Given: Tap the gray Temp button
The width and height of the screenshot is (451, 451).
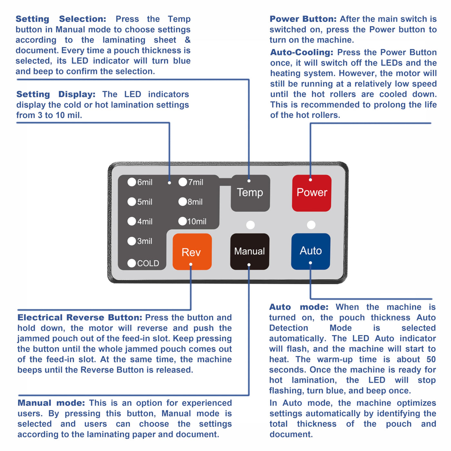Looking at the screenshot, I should [x=250, y=193].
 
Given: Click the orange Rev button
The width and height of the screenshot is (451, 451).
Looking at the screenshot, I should [x=192, y=252].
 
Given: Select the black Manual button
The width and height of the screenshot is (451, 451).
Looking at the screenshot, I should [x=250, y=251].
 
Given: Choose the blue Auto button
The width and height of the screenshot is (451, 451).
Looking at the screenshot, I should [x=311, y=251].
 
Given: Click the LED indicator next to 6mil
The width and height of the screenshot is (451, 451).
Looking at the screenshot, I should [x=132, y=182].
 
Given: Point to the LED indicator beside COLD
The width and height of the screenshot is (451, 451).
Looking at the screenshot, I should [x=132, y=263].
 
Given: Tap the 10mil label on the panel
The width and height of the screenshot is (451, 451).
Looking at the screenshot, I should [x=197, y=222].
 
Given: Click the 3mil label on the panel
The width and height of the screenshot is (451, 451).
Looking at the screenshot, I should [x=145, y=241].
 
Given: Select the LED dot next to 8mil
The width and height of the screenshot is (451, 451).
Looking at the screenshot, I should [x=183, y=202].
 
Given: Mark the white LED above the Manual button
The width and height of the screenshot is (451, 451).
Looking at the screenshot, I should [x=250, y=225].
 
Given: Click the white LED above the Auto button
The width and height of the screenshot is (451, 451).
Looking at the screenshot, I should [x=311, y=225].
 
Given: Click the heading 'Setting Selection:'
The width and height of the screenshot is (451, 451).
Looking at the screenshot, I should [x=61, y=19].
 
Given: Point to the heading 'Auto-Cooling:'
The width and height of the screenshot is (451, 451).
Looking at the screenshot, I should [x=302, y=52].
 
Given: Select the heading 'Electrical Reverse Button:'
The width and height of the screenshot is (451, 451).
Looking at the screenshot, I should [x=80, y=318].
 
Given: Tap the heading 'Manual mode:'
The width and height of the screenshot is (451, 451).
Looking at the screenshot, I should [x=51, y=403].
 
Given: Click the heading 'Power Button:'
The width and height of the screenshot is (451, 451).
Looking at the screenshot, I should [x=303, y=19].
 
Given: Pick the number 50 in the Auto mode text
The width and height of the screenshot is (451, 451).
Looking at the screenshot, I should [x=431, y=360].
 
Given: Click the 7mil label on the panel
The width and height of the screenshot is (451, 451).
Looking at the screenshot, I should [x=196, y=182].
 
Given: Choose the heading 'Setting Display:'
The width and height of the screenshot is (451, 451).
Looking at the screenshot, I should [x=56, y=94].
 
